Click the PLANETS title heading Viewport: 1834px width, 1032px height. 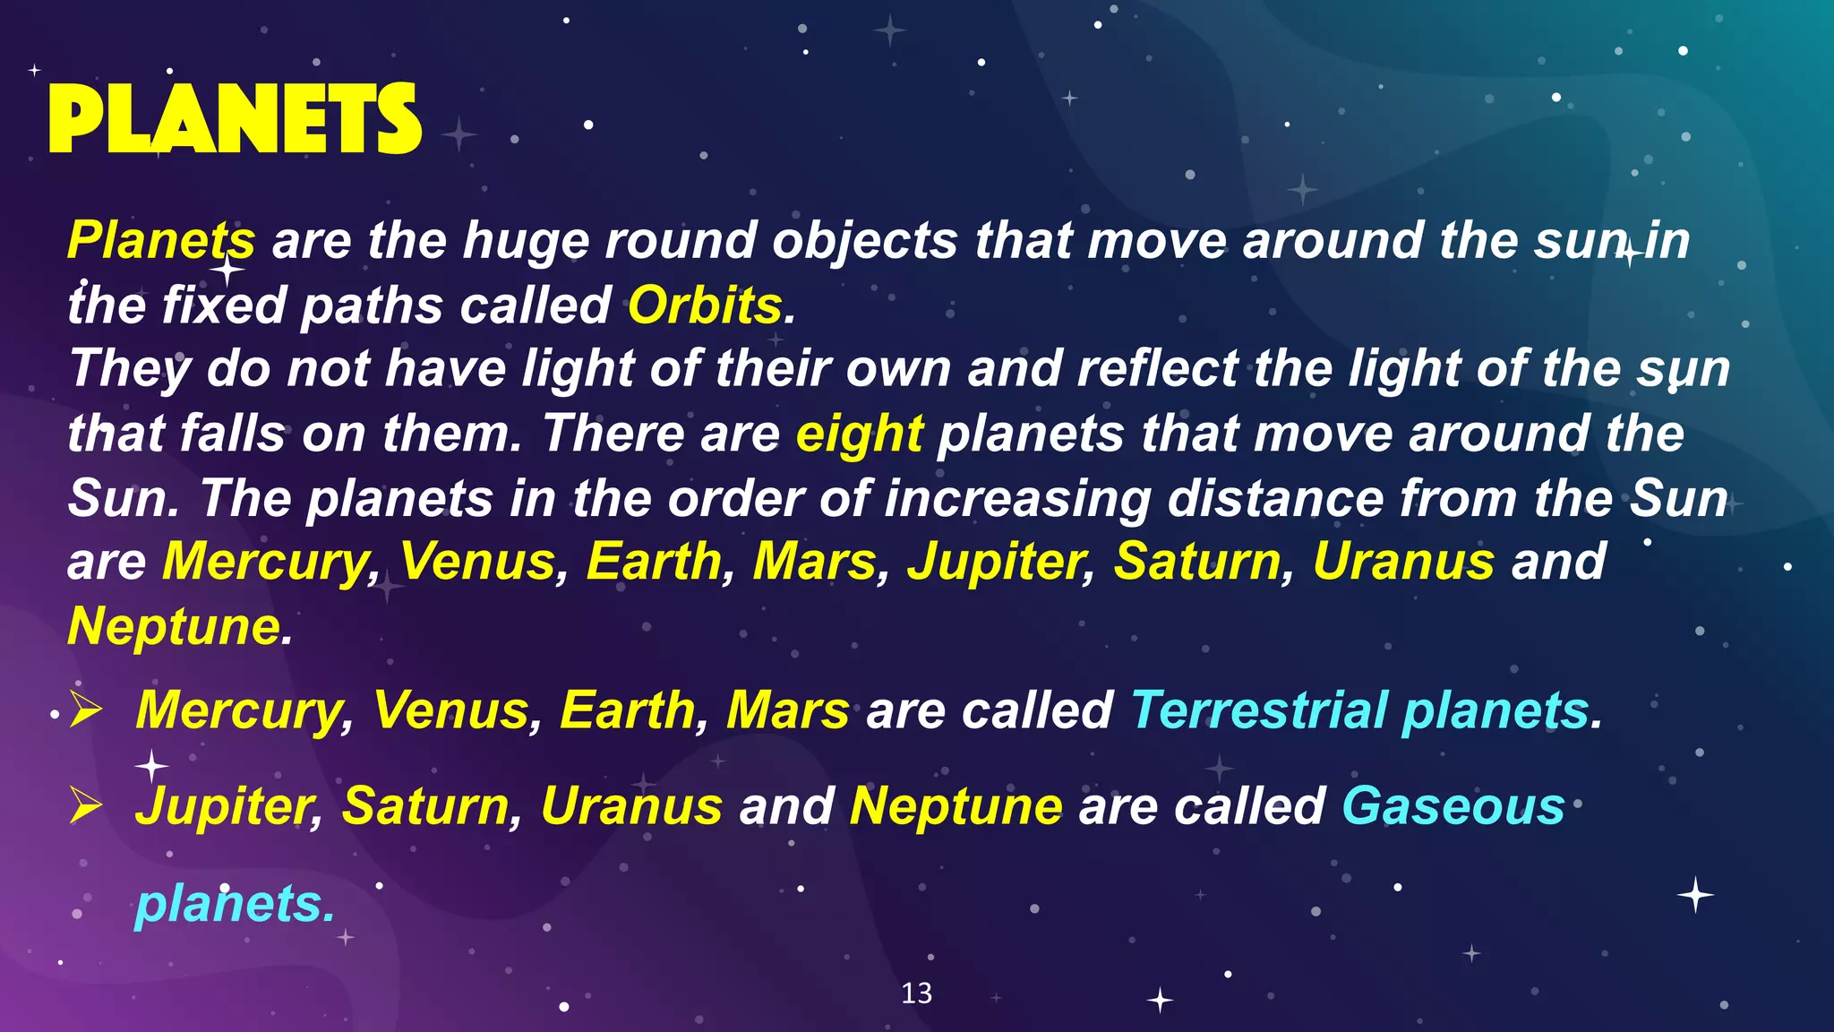click(x=235, y=120)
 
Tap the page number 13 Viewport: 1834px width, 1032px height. click(x=916, y=993)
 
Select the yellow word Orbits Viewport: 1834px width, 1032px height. click(x=705, y=305)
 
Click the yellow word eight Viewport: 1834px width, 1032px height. click(x=859, y=434)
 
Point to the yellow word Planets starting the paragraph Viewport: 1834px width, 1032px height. click(x=161, y=241)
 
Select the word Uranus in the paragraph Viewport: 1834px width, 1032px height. click(x=1403, y=562)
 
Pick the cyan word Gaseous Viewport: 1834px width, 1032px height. click(x=1453, y=806)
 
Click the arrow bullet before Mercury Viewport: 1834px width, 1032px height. click(x=87, y=711)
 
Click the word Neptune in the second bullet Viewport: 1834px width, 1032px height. click(x=956, y=806)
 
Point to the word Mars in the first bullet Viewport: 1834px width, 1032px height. click(x=787, y=711)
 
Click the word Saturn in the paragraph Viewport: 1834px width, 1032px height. click(x=1197, y=562)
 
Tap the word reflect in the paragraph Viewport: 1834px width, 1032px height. click(x=1157, y=369)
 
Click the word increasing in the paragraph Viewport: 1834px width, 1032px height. click(x=1017, y=498)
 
